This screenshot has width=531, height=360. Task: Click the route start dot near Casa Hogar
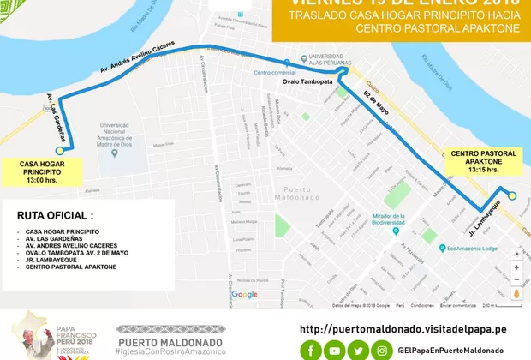tap(72, 150)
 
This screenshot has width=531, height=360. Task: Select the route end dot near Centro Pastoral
tap(512, 196)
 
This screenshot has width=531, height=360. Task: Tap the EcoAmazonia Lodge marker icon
tap(441, 249)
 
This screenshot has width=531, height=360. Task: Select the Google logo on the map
tap(244, 295)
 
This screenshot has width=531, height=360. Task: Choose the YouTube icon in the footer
tap(336, 349)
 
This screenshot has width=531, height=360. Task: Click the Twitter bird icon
tap(359, 349)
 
